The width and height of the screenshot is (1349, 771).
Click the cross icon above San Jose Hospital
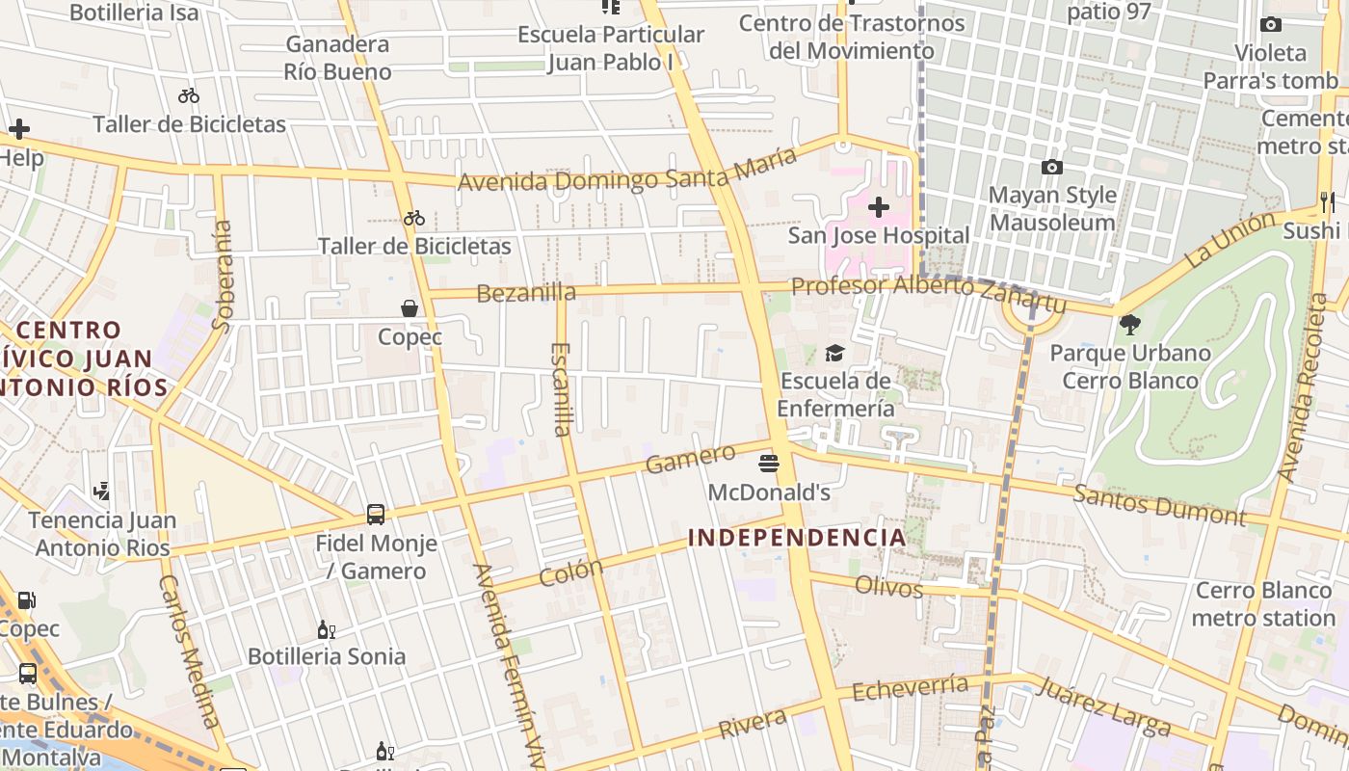point(878,206)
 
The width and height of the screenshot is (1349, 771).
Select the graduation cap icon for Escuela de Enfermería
point(834,353)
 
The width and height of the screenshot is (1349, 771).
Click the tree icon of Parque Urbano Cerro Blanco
point(1129,325)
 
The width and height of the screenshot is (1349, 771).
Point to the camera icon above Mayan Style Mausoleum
point(1052,167)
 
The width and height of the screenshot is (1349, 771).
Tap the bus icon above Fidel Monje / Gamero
point(376,515)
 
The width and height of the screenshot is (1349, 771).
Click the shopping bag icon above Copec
point(410,308)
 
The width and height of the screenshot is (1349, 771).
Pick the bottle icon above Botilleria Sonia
point(327,629)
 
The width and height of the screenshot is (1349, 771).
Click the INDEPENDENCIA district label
point(797,538)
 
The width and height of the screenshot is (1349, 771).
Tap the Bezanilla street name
point(526,293)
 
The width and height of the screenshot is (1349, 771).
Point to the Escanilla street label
point(562,389)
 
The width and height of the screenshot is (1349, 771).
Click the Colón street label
point(570,572)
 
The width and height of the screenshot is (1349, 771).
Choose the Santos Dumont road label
point(1159,505)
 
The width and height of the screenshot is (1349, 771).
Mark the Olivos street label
point(888,586)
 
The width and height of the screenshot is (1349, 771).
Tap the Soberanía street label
point(223,276)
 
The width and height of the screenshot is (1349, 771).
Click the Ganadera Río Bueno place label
point(337,58)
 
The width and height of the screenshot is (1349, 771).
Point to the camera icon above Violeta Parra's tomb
point(1271,25)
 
